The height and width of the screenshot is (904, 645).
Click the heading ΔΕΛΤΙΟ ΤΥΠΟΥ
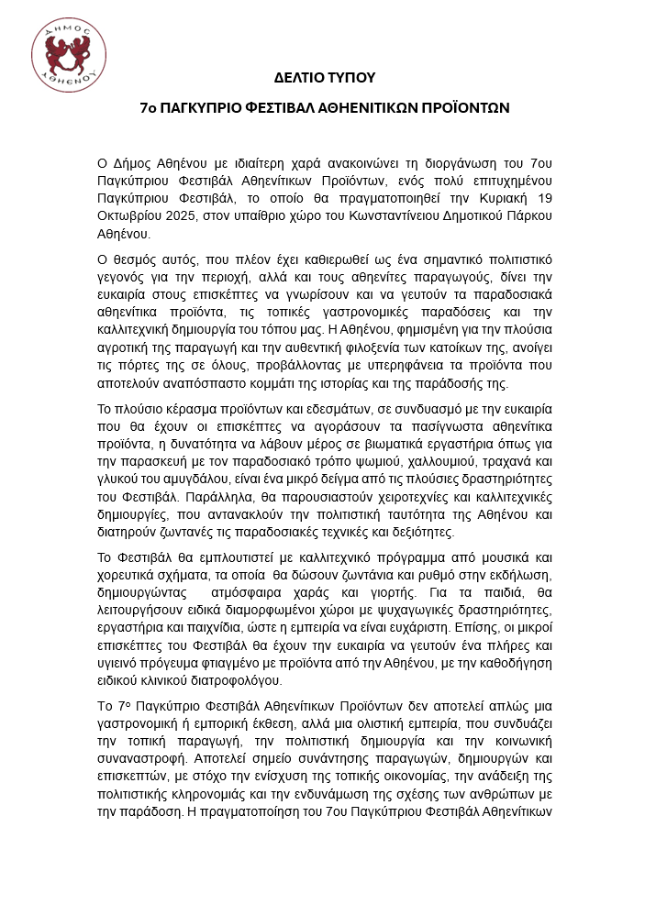click(x=324, y=77)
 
